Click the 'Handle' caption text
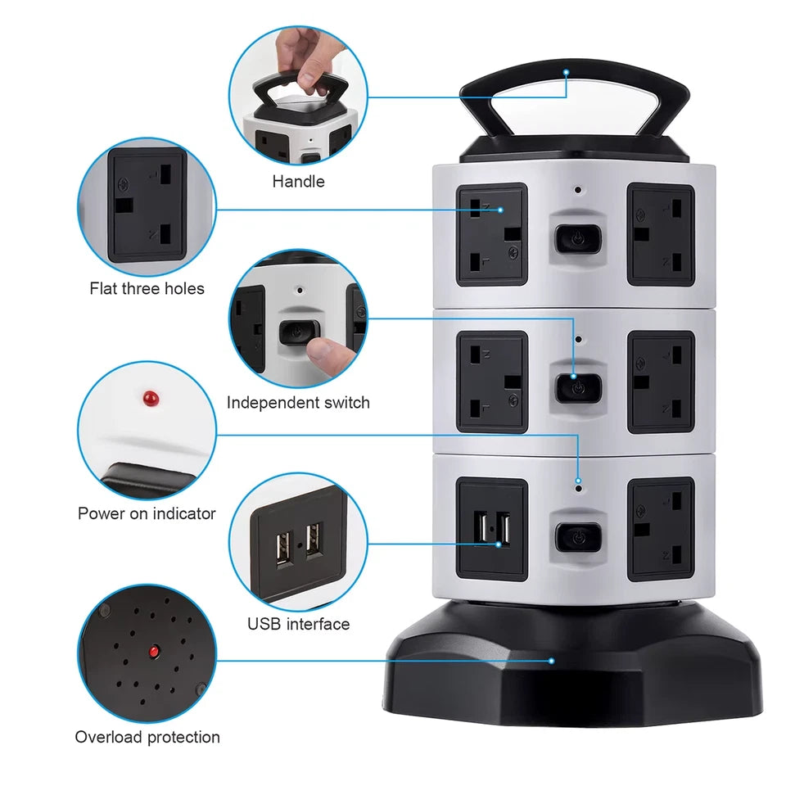(x=298, y=181)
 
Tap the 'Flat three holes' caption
(x=147, y=288)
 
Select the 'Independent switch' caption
(x=298, y=402)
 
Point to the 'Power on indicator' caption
(x=147, y=513)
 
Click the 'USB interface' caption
(x=298, y=624)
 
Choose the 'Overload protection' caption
(x=147, y=737)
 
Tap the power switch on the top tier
(x=578, y=238)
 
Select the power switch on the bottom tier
(x=578, y=536)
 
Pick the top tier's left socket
(x=491, y=234)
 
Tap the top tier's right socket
(x=661, y=234)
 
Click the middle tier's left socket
(x=491, y=382)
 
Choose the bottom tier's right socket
(x=661, y=529)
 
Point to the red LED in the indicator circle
(x=150, y=399)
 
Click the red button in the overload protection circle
(x=152, y=652)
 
